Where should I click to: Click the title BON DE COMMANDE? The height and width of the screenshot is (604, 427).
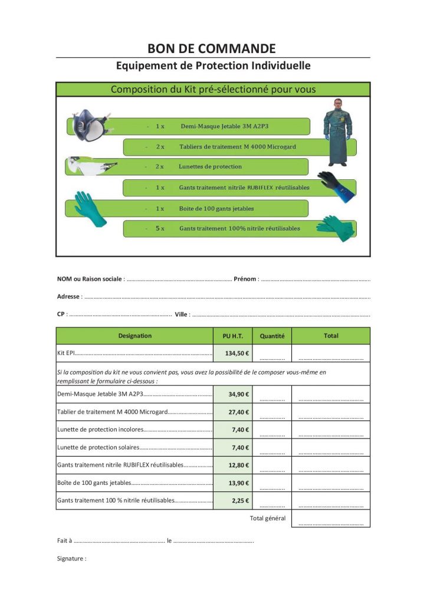(212, 48)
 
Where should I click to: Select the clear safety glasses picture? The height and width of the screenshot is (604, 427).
(91, 165)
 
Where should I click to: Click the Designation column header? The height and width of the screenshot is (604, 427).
(134, 336)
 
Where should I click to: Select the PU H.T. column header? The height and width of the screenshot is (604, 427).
(232, 336)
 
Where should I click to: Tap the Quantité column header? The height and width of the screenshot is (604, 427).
(272, 336)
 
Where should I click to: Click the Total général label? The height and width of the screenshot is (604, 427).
(267, 518)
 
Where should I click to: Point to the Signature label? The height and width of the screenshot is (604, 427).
(71, 558)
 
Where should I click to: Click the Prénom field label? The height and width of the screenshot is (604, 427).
(245, 279)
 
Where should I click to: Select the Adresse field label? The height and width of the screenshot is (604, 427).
(68, 297)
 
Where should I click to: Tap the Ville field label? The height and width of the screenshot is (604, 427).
(181, 314)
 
